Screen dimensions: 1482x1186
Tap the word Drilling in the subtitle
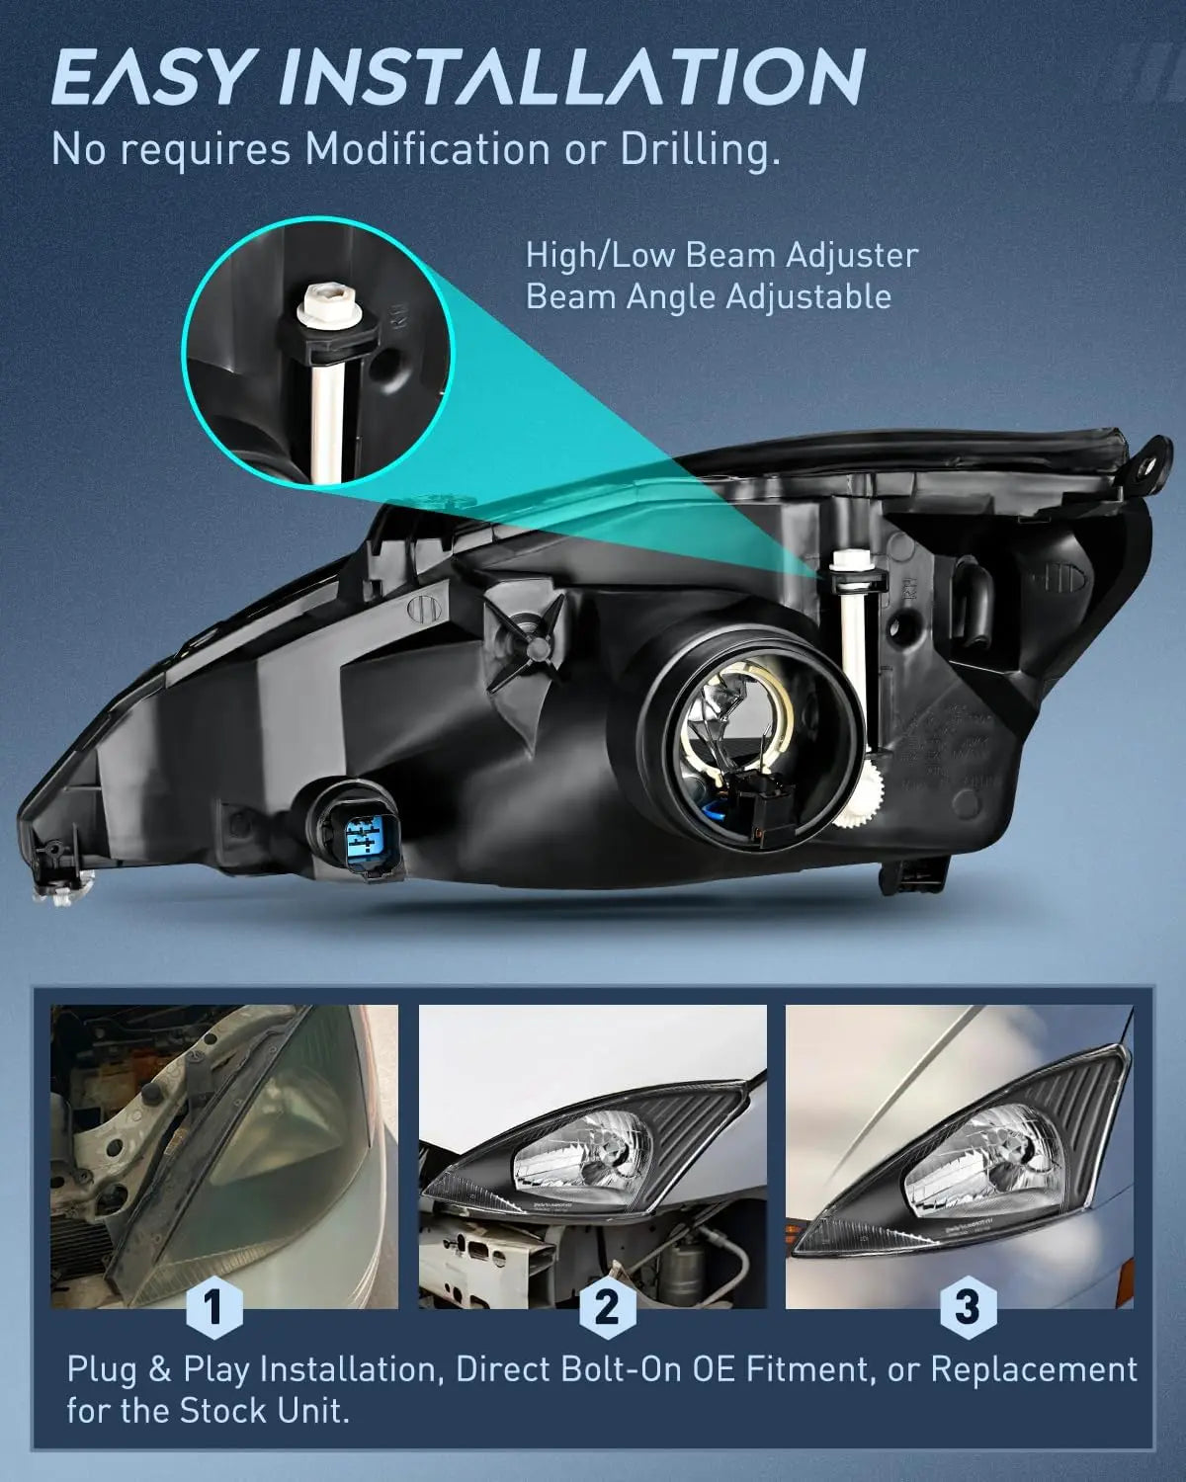[x=692, y=149]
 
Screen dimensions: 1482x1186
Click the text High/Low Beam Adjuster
[x=721, y=255]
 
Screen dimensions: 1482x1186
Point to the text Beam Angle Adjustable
[x=708, y=296]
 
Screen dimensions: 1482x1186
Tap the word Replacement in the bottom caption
[x=1034, y=1370]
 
